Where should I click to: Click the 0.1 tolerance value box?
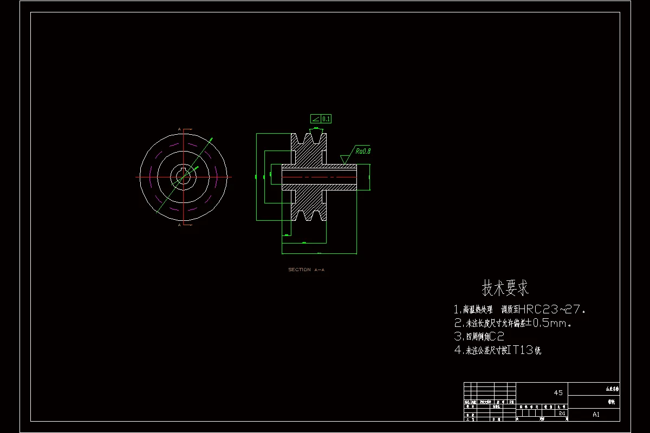(326, 119)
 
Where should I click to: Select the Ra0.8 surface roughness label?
(363, 151)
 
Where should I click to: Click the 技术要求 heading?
(505, 288)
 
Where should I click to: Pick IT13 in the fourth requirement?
(521, 350)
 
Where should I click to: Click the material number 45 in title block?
(558, 392)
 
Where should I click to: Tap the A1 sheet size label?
(596, 415)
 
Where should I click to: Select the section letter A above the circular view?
(179, 129)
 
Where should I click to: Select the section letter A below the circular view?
(179, 226)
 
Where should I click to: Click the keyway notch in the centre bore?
(184, 172)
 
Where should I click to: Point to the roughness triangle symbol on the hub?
(344, 159)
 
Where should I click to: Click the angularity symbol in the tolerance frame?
(315, 119)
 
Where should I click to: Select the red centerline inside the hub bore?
(320, 177)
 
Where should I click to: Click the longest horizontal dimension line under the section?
(319, 253)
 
